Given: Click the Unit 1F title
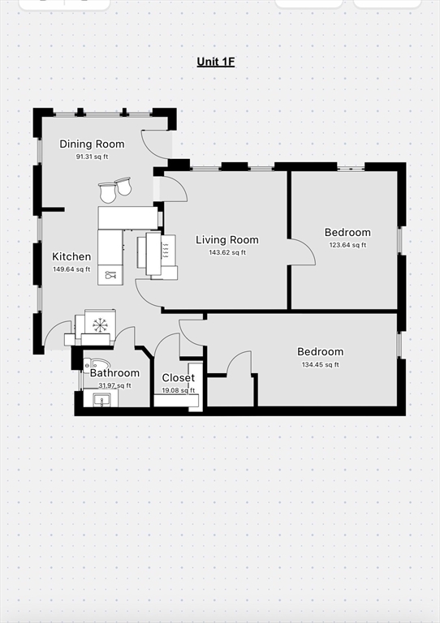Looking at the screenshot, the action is tap(216, 62).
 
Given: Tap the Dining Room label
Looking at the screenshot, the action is tap(92, 144).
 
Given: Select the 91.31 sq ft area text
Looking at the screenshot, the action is tap(92, 157).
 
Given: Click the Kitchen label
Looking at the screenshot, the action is tap(71, 256).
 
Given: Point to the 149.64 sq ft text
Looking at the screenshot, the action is tap(71, 269).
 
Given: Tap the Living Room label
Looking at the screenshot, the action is tap(227, 240).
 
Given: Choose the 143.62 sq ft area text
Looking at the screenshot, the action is tap(227, 253).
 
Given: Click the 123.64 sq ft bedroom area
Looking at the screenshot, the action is tap(347, 245).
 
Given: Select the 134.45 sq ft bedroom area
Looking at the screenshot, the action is tap(321, 365).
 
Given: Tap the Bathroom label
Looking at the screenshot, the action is tap(114, 373).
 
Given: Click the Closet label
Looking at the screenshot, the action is tap(178, 378).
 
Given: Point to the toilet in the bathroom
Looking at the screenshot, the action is tap(96, 364).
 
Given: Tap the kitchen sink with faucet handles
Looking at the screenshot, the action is tap(110, 275).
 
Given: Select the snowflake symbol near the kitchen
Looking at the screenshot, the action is tap(100, 325).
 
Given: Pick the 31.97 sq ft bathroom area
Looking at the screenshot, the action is tap(114, 386).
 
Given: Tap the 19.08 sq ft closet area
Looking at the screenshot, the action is tap(178, 390).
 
